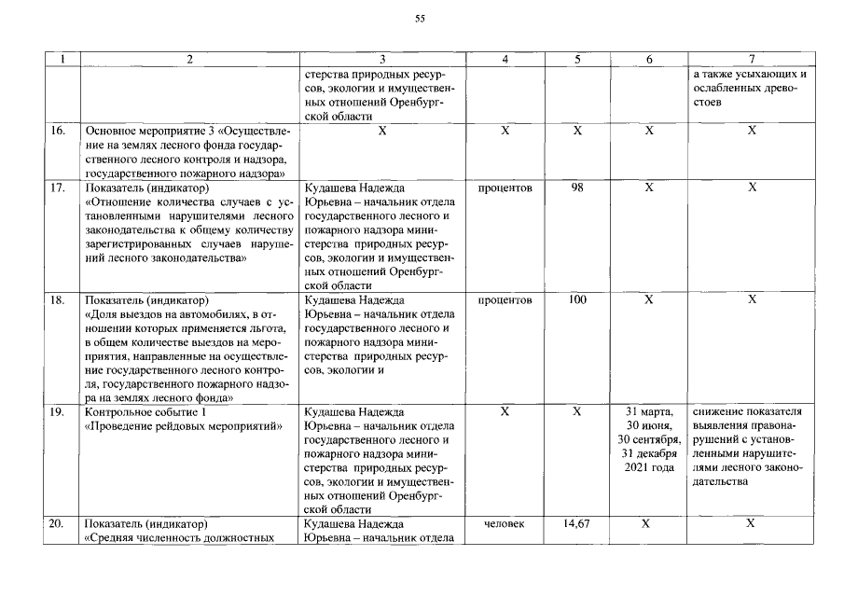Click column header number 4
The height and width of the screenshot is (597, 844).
505,59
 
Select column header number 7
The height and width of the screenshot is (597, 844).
751,59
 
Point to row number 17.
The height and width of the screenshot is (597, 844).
58,188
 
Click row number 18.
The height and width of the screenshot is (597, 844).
58,300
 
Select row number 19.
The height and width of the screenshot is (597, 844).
58,411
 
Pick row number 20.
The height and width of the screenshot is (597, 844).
58,524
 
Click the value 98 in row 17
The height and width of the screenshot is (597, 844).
577,188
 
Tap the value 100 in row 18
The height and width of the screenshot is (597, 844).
577,300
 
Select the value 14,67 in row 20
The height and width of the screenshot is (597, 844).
577,524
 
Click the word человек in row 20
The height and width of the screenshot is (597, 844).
505,524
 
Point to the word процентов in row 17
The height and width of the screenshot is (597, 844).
505,188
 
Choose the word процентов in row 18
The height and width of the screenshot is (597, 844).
505,300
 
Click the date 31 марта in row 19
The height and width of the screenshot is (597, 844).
649,411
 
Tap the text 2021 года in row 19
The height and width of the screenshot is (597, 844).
649,467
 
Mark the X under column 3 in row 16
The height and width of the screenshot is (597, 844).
382,132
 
